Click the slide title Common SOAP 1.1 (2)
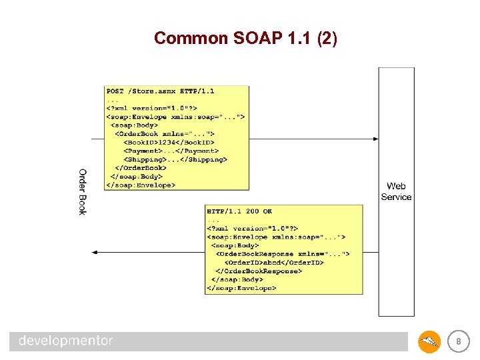click(245, 39)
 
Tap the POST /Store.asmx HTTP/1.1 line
click(160, 91)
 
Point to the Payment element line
click(171, 151)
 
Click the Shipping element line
click(175, 159)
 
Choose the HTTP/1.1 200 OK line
click(239, 211)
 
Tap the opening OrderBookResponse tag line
click(281, 254)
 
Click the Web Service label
click(396, 191)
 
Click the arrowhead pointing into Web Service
click(375, 139)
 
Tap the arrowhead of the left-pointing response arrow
click(95, 252)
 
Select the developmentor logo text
click(66, 341)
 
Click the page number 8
click(458, 342)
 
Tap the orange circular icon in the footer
click(429, 342)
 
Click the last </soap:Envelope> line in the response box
click(241, 289)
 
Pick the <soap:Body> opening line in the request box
click(134, 125)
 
